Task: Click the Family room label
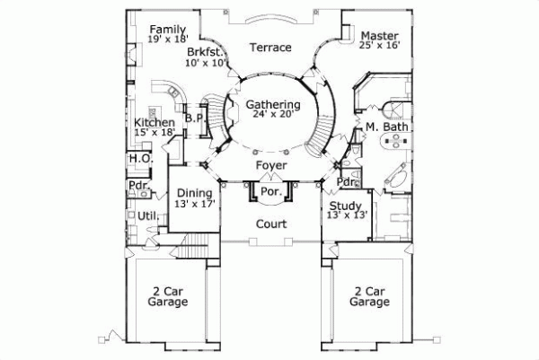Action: [168, 29]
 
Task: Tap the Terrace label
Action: [270, 48]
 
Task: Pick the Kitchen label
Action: [154, 122]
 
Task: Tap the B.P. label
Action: [195, 118]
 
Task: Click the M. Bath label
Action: [387, 127]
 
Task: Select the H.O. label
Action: [139, 159]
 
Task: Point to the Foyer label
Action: [270, 166]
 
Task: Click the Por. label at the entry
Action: [270, 191]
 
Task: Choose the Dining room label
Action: [194, 192]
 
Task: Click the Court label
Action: [270, 224]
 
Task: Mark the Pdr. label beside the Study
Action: [348, 182]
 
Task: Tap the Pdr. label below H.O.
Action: [138, 187]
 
